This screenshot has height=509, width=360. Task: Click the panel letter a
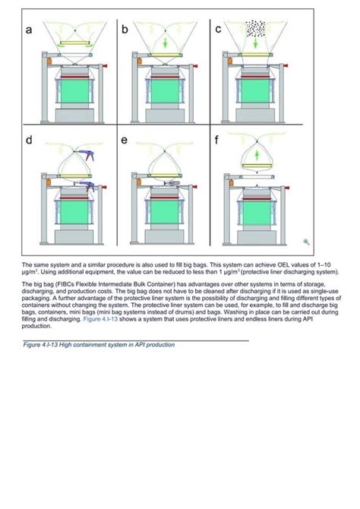[28, 31]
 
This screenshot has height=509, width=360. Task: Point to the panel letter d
[28, 141]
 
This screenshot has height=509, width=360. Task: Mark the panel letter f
[219, 141]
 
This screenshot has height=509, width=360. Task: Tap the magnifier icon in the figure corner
[306, 242]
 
